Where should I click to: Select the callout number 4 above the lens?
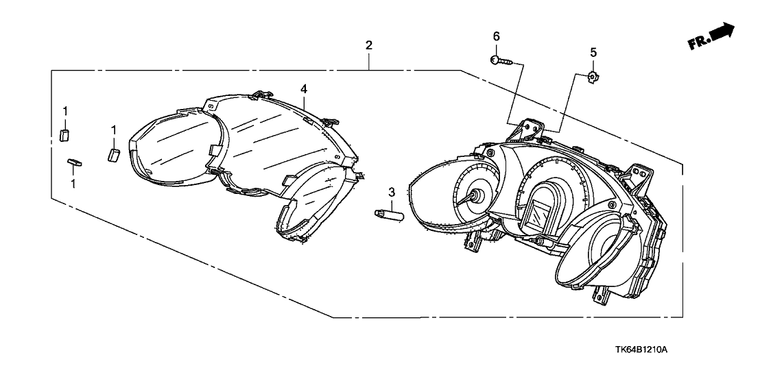coord(303,88)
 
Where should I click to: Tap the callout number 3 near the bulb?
coord(391,193)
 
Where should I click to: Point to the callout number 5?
coord(593,52)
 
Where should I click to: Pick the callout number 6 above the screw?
coord(496,36)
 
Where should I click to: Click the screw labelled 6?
coord(501,60)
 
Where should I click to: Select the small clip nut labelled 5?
coord(592,76)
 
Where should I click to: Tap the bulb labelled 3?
coord(389,213)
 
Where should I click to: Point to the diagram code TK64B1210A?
coord(643,350)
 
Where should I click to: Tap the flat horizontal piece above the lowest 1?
coord(74,162)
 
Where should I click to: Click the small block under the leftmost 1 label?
coord(64,135)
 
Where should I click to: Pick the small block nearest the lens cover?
coord(113,156)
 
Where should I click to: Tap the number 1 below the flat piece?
coord(73,183)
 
